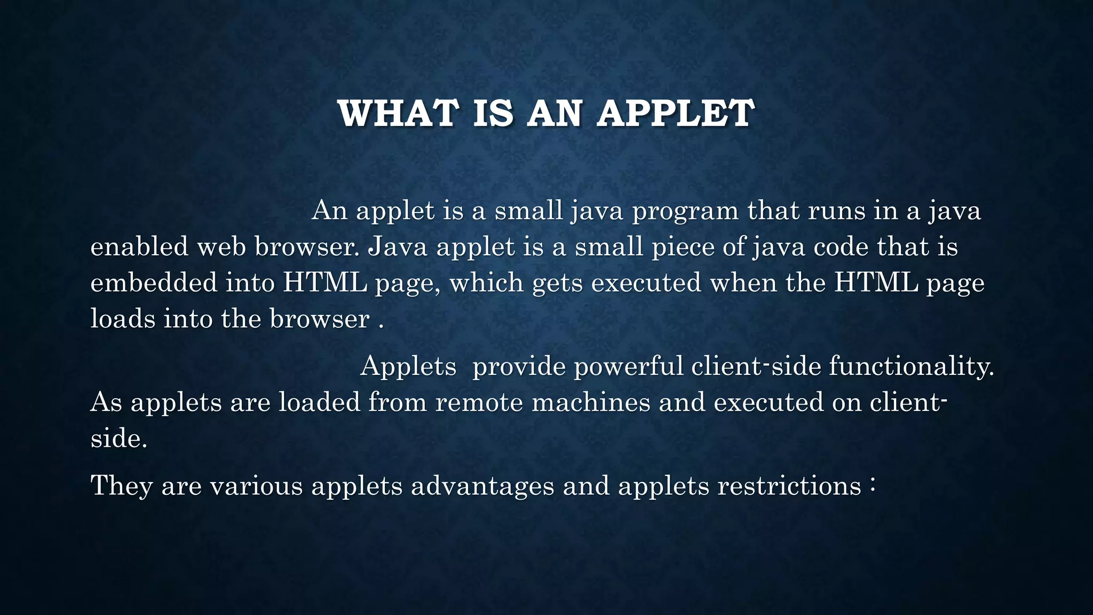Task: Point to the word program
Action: point(685,211)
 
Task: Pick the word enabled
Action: point(139,247)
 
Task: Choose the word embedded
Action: point(154,282)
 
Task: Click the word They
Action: point(122,486)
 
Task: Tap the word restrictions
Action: point(789,486)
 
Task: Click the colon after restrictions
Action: point(872,485)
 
